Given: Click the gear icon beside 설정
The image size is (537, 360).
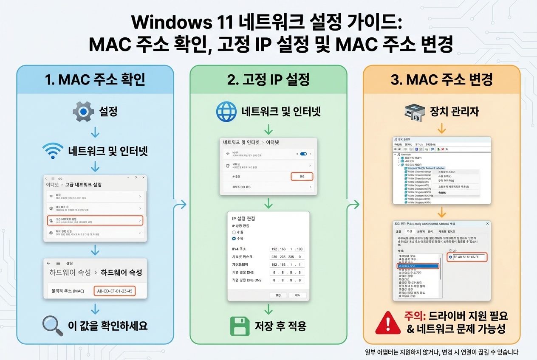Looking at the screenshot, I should [83, 112].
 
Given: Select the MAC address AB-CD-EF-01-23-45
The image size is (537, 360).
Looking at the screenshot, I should [114, 291].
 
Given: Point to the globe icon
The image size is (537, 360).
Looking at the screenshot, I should [226, 112].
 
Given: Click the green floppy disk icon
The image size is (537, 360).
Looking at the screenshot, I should [240, 326].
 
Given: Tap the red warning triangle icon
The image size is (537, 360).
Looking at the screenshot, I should [387, 322].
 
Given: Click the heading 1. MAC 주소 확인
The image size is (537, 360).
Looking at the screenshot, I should [95, 79].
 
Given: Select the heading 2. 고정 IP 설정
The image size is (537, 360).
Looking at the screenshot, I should [268, 79].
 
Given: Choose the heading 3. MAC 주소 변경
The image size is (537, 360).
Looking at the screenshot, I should [441, 79].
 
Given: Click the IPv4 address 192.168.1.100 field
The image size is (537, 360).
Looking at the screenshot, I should [287, 249].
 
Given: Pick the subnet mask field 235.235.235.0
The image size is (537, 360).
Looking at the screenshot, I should [287, 257].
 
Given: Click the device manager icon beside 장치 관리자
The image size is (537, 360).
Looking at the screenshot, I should [415, 112].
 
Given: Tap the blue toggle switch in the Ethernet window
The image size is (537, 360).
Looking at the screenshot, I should [303, 154].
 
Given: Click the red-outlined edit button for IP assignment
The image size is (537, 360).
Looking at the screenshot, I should [302, 176].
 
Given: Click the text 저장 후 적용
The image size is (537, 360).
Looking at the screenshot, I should [280, 326].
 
